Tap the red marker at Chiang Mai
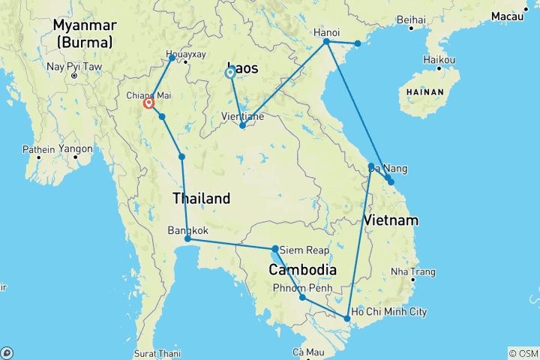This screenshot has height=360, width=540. pos(148,103)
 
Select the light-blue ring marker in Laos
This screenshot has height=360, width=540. pos(231,73)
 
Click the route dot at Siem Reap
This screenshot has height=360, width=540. pos(275,248)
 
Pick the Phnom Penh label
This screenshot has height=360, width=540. pos(298,287)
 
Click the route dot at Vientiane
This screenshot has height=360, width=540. pos(242,125)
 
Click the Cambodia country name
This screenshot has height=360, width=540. pos(302,269)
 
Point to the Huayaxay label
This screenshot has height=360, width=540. pos(184,55)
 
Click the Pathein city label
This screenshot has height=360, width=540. pos(38,149)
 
